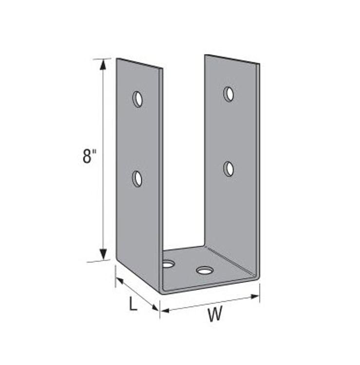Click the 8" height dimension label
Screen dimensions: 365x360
pyautogui.click(x=90, y=157)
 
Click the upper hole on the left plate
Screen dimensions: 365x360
pyautogui.click(x=138, y=99)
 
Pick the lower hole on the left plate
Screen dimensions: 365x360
pyautogui.click(x=137, y=179)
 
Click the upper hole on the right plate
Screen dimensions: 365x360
pyautogui.click(x=228, y=94)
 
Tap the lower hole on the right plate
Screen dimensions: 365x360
pyautogui.click(x=228, y=169)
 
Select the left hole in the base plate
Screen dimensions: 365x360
pyautogui.click(x=169, y=264)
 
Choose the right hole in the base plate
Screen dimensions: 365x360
pyautogui.click(x=205, y=270)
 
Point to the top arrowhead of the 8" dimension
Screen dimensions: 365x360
pyautogui.click(x=103, y=65)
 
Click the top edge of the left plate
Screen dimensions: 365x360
pyautogui.click(x=139, y=63)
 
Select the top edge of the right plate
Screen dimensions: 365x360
pyautogui.click(x=232, y=59)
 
